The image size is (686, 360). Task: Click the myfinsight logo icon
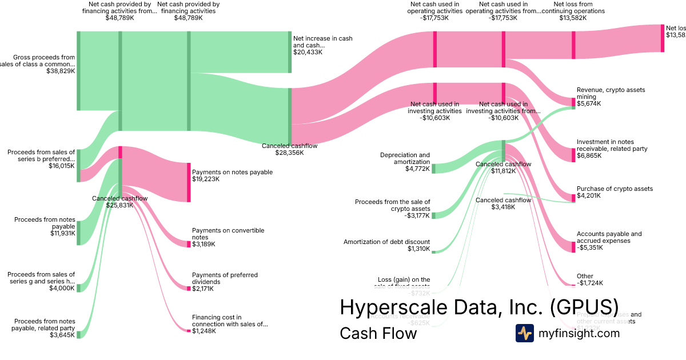[x=524, y=333]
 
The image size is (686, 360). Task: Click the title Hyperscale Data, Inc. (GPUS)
[x=478, y=307]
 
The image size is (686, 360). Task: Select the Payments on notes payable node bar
[x=189, y=182]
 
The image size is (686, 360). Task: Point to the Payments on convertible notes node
[x=189, y=244]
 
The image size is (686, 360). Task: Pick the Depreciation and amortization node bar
[x=433, y=168]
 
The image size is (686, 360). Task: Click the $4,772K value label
[x=417, y=169]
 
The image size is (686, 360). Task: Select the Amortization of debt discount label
[x=386, y=242]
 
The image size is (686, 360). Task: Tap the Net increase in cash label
[x=323, y=42]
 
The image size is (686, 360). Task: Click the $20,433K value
[x=308, y=52]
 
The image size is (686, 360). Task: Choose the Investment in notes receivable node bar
[x=573, y=155]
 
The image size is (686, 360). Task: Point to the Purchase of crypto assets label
[x=615, y=189]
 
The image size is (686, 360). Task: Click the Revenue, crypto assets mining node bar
[x=573, y=103]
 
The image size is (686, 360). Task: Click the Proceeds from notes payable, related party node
[x=79, y=334]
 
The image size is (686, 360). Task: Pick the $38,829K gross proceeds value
[x=61, y=71]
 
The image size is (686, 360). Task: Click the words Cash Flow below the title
[x=378, y=333]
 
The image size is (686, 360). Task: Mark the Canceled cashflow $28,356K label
[x=289, y=149]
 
